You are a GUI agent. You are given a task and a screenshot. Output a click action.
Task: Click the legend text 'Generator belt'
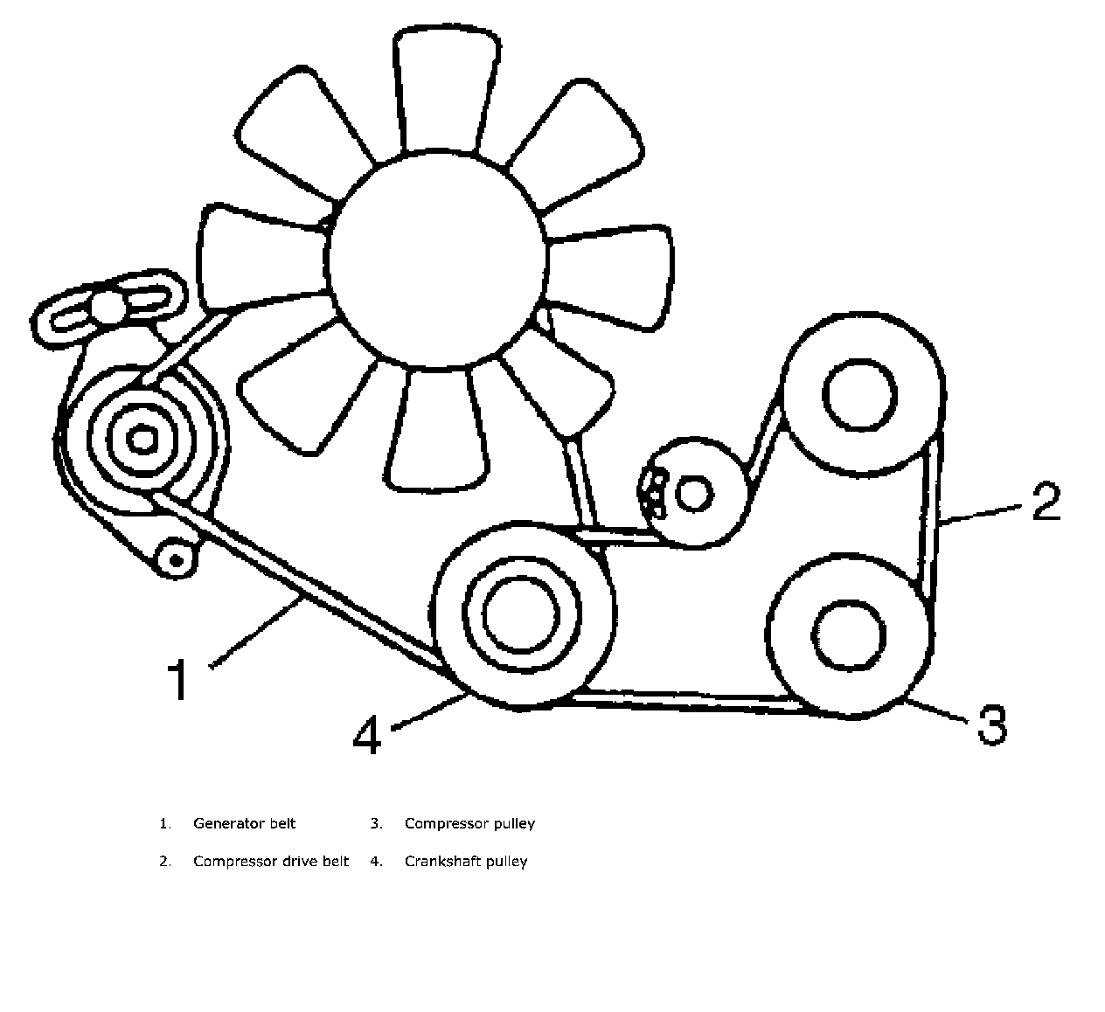tap(245, 823)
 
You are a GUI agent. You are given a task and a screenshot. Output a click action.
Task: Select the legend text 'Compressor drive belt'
tap(271, 862)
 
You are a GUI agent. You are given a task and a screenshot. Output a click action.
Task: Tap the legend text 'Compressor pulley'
tap(469, 823)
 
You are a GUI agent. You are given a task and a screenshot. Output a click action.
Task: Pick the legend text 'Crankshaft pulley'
tap(466, 862)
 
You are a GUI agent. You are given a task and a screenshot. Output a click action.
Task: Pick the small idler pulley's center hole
tap(694, 495)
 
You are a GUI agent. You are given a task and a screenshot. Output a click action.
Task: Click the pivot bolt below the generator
tap(176, 558)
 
